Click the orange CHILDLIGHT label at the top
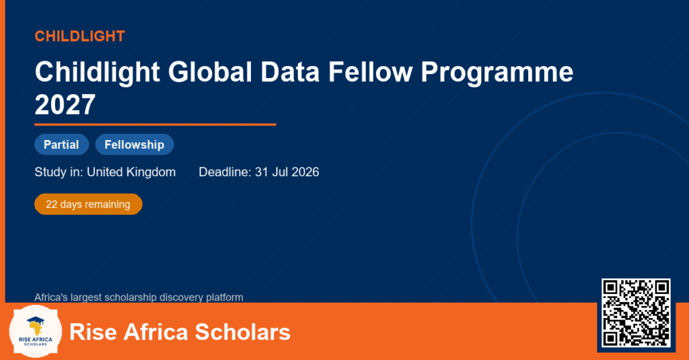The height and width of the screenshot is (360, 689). pos(80,36)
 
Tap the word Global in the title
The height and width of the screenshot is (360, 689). pos(210,71)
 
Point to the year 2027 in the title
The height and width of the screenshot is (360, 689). pos(65,104)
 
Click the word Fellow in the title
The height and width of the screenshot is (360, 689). pos(371,71)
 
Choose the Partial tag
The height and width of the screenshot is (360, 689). pos(61,145)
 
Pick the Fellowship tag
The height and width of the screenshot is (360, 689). pos(135,145)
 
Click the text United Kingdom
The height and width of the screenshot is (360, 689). pos(131,172)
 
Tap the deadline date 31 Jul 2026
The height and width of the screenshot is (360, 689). pos(287,172)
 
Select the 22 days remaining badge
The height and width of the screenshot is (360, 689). pos(88,205)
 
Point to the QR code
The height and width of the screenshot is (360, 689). pos(636,313)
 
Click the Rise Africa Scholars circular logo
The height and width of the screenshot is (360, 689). pos(36,332)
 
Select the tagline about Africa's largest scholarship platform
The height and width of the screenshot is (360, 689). pos(139,297)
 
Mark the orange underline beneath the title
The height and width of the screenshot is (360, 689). pos(155,125)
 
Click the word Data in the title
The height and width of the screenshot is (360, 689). pos(290,71)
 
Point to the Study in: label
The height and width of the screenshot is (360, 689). pos(59,172)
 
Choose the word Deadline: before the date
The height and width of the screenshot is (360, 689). pos(225,172)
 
